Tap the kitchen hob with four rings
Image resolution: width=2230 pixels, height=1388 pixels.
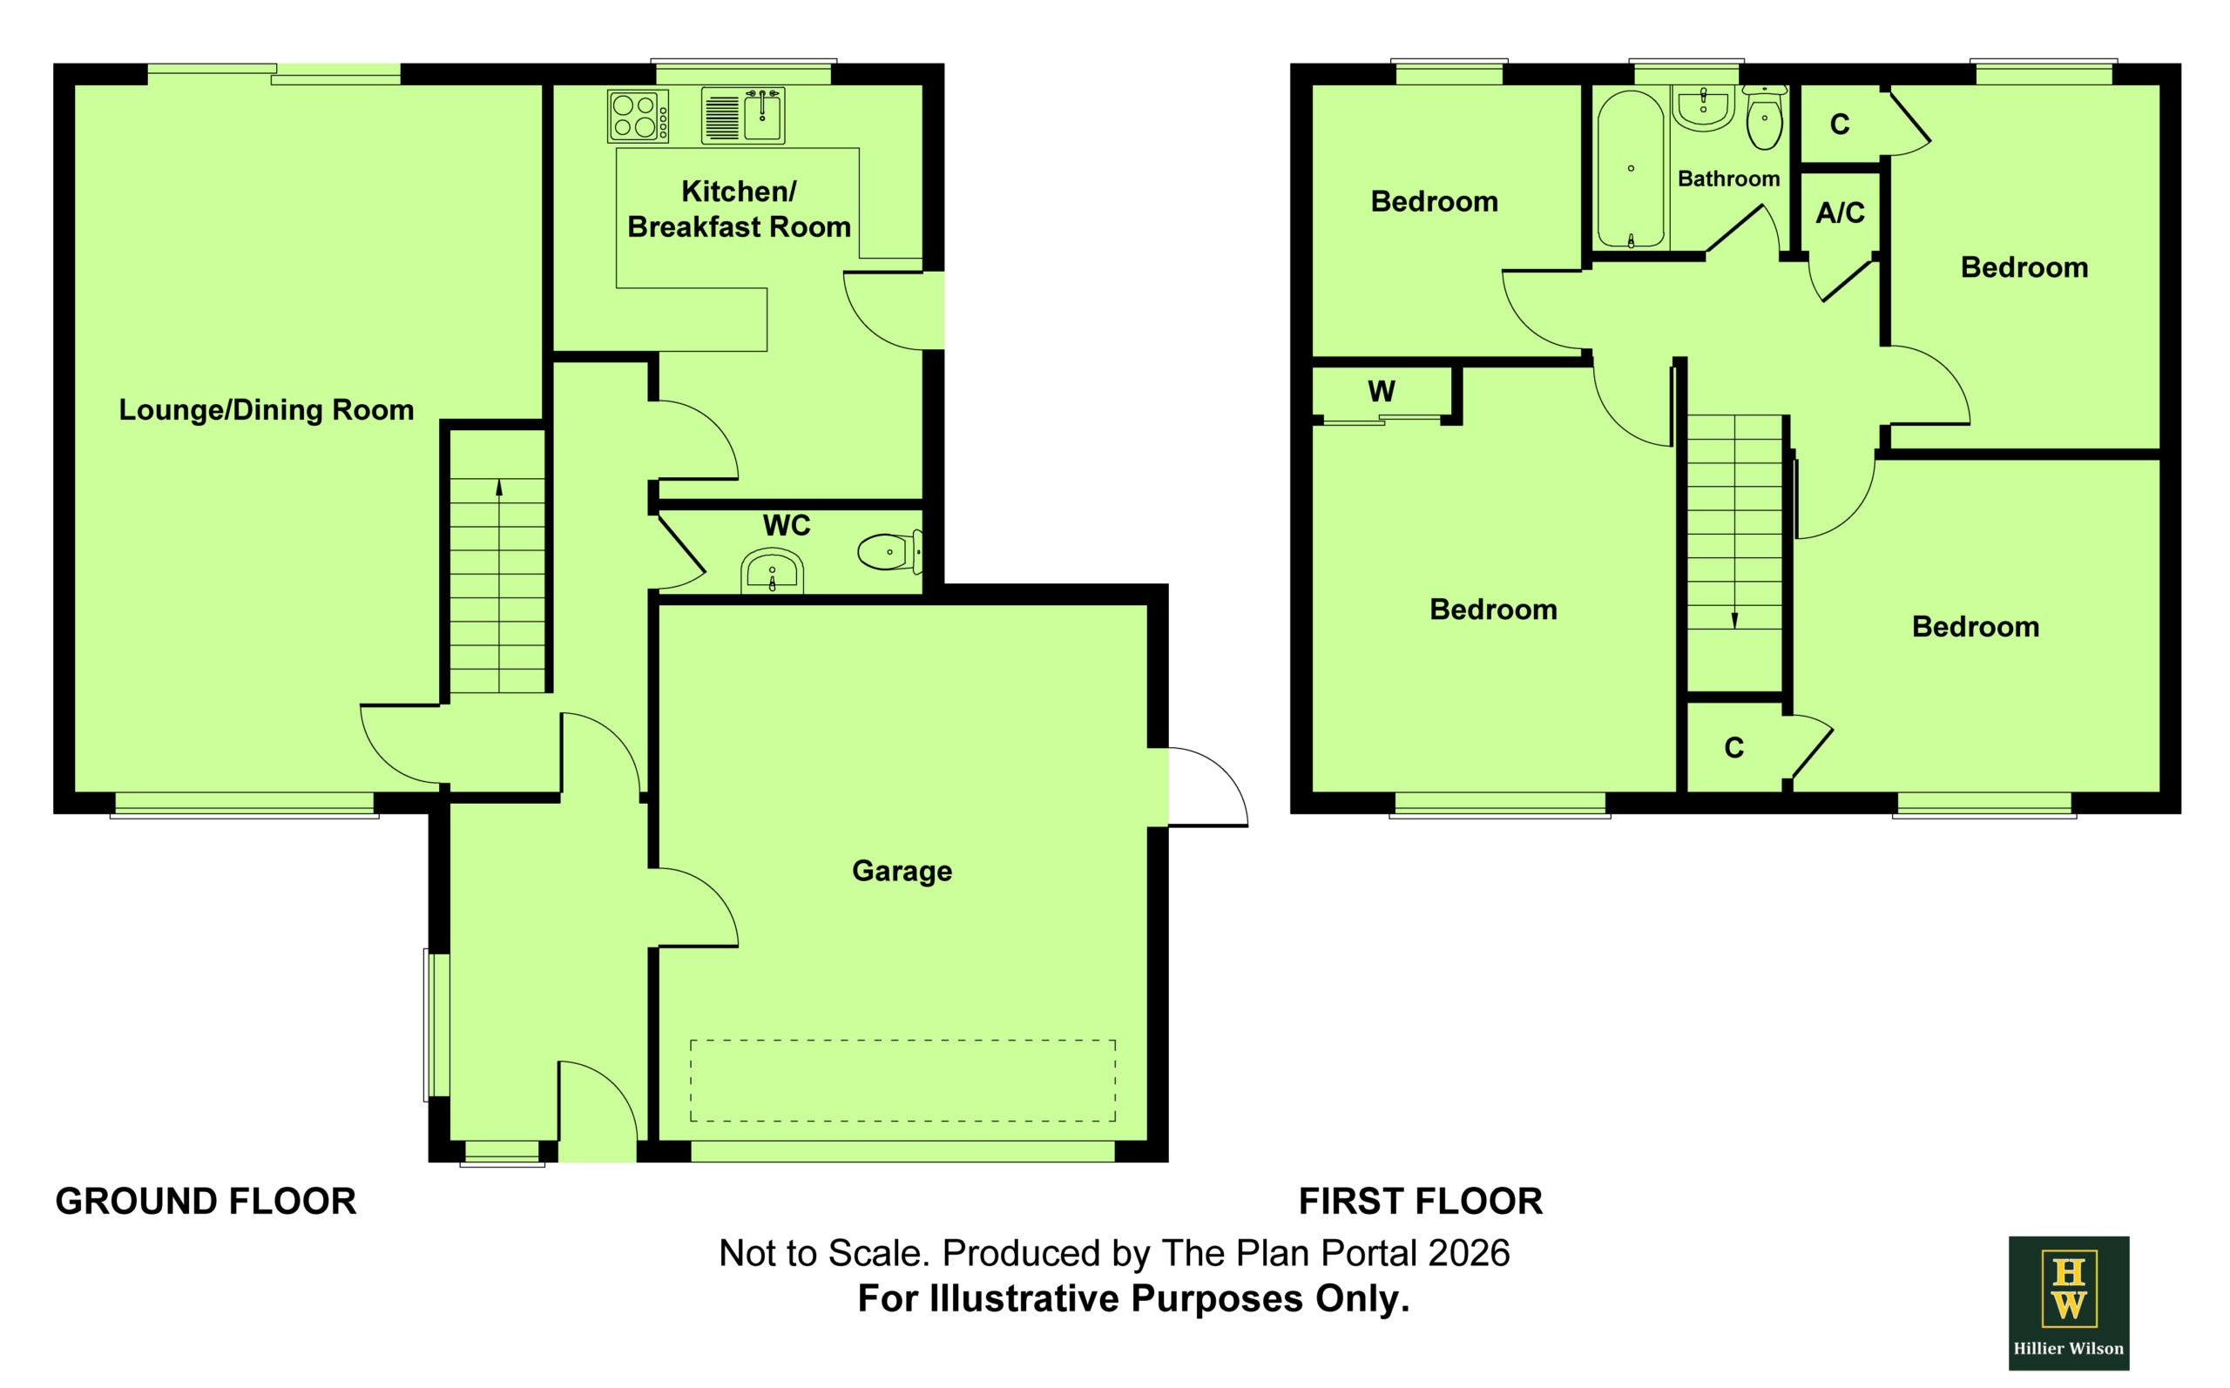637,117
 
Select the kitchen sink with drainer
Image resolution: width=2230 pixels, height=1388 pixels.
743,116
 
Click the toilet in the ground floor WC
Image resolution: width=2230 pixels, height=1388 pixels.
889,552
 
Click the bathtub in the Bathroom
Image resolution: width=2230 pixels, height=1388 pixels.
1631,169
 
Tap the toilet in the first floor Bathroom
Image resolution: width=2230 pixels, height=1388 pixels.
1764,118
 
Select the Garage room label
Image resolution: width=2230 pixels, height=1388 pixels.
902,870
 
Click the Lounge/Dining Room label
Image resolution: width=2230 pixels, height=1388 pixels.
267,409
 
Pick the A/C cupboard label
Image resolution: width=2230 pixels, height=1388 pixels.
1840,213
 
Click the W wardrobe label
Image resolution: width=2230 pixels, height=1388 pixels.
1381,392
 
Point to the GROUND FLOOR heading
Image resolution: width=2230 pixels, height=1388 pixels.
206,1201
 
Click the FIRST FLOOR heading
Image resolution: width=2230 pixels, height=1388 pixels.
1420,1201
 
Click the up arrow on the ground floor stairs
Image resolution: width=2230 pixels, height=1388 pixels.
498,586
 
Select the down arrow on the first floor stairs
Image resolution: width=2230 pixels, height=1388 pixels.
1734,522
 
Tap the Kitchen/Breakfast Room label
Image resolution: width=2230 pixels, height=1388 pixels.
739,209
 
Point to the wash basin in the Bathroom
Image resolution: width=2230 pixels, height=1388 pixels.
1703,108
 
